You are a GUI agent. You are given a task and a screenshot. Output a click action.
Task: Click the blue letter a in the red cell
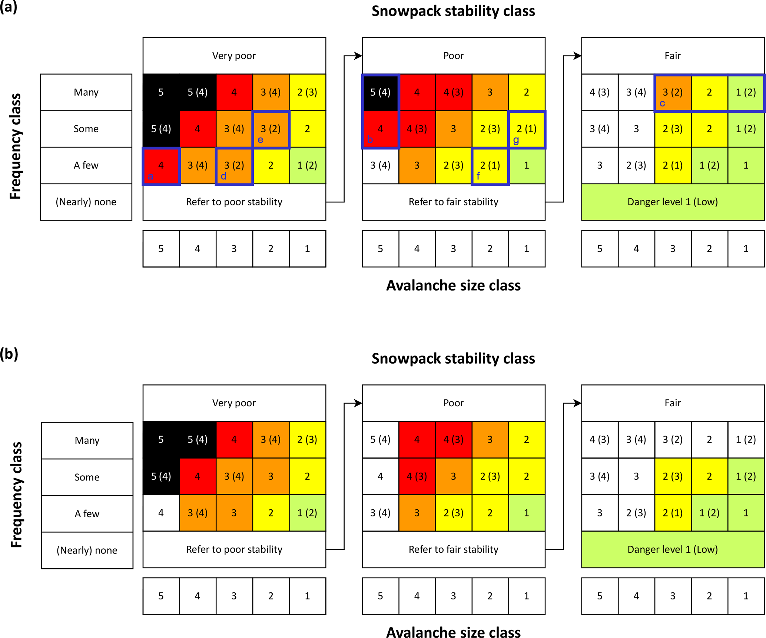[150, 176]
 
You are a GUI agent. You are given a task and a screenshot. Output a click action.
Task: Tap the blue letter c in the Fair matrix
[662, 103]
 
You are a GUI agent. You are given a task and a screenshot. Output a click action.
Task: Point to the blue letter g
[516, 140]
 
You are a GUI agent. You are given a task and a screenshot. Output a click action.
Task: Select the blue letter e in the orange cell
[261, 140]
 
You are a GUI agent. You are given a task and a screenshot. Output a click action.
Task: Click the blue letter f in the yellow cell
[478, 176]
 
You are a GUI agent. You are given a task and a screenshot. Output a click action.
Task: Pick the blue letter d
[223, 176]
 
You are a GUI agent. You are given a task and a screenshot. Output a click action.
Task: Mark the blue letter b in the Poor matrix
[370, 140]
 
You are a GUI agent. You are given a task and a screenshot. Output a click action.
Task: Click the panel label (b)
[9, 354]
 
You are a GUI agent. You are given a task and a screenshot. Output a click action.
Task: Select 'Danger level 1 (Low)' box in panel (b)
[673, 549]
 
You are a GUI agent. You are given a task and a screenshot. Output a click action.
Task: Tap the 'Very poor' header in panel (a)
[234, 56]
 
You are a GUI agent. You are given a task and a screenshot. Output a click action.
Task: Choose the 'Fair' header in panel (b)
[673, 403]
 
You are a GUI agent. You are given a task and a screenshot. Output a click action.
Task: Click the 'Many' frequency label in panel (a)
[86, 92]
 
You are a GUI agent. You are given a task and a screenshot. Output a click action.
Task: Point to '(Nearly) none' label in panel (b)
[87, 550]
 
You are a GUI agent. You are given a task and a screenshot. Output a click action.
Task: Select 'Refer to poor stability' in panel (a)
[234, 202]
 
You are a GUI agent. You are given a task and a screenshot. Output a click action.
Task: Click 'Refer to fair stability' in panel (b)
[453, 549]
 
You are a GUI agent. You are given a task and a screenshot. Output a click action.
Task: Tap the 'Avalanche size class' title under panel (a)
[453, 285]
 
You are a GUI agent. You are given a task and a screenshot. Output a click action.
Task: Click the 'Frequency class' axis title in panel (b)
[16, 495]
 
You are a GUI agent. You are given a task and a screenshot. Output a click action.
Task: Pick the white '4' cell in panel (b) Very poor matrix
[161, 513]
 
